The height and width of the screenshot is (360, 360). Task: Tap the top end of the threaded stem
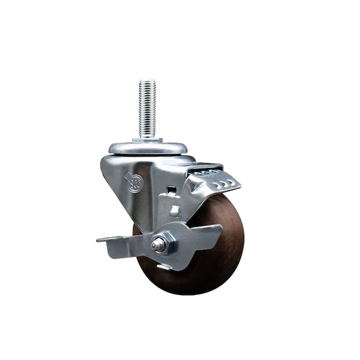(148, 83)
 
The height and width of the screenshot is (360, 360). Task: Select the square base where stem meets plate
(148, 140)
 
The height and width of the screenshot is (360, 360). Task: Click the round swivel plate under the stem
(148, 148)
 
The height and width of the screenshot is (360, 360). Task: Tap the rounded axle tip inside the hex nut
(158, 244)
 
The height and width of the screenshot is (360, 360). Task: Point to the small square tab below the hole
(175, 211)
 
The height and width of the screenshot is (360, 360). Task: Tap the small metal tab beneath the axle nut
(163, 266)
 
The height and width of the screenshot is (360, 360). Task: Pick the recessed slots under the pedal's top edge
(207, 170)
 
